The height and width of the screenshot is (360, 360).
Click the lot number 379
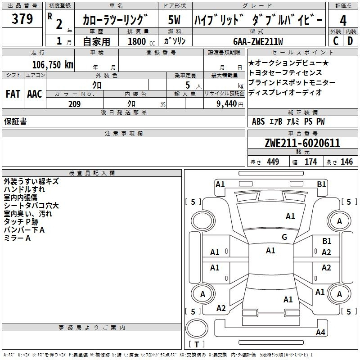click(x=22, y=18)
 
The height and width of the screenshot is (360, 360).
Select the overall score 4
click(x=343, y=21)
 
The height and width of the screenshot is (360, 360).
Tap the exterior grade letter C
click(x=336, y=41)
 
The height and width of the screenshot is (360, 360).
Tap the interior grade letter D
click(x=350, y=41)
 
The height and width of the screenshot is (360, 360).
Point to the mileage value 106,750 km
click(x=53, y=65)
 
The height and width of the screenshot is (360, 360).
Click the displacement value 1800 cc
click(x=141, y=41)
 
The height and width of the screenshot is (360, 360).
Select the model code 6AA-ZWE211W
click(x=258, y=41)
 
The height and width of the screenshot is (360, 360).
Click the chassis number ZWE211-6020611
click(x=302, y=143)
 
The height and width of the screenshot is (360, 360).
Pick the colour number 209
click(x=74, y=104)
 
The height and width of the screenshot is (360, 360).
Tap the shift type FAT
click(x=13, y=94)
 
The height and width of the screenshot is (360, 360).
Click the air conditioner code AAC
click(x=35, y=94)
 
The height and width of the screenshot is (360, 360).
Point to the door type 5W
click(x=174, y=20)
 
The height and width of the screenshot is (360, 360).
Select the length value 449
click(x=273, y=162)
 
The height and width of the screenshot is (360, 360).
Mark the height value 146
click(x=346, y=162)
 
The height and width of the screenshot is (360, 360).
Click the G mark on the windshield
click(x=284, y=237)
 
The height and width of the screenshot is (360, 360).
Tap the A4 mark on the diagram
click(x=320, y=332)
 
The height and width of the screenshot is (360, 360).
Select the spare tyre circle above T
click(x=197, y=328)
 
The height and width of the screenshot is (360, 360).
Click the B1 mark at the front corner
click(x=321, y=184)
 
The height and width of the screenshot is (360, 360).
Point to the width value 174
click(x=310, y=162)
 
